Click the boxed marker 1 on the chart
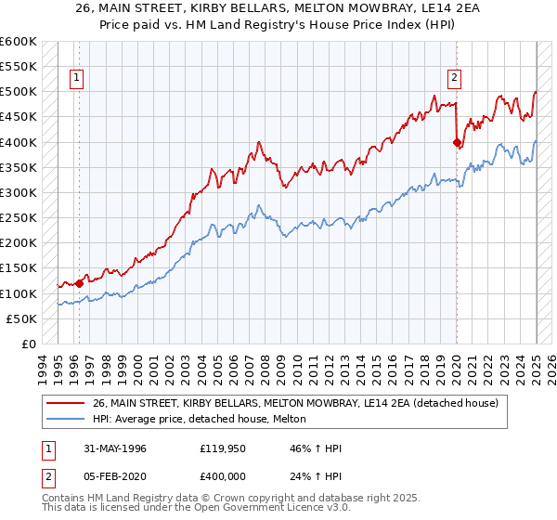click(75, 79)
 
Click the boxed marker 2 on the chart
click(456, 79)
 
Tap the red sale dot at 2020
click(457, 142)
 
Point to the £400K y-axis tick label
click(19, 142)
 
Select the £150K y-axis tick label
click(19, 268)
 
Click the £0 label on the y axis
click(29, 344)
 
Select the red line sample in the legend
click(67, 403)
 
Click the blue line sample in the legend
click(67, 419)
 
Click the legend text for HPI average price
click(205, 419)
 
